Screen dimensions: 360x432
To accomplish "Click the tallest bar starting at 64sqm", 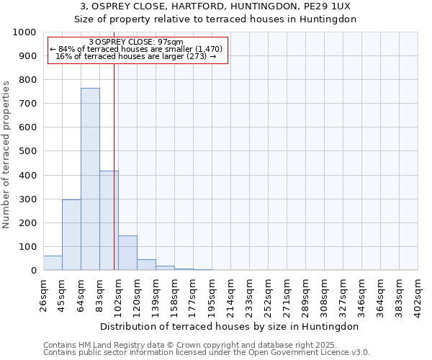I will [x=90, y=180].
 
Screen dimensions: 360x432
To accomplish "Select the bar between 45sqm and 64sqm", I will [x=71, y=235].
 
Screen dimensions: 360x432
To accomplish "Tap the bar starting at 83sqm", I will [x=109, y=221].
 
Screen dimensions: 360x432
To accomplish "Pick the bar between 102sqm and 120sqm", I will [x=127, y=253].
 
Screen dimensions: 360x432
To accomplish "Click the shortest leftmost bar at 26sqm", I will [x=53, y=264].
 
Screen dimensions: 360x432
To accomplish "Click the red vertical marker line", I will [x=114, y=144].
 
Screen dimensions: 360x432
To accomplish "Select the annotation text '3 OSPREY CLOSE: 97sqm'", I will [x=137, y=42].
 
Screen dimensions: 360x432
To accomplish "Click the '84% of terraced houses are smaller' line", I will [x=137, y=49].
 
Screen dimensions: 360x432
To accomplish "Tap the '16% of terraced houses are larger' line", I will [x=137, y=56].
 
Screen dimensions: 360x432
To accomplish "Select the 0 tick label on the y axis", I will [x=34, y=271].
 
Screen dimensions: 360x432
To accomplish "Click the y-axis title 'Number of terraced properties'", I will [x=6, y=154].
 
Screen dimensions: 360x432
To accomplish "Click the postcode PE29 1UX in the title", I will [x=324, y=6].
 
